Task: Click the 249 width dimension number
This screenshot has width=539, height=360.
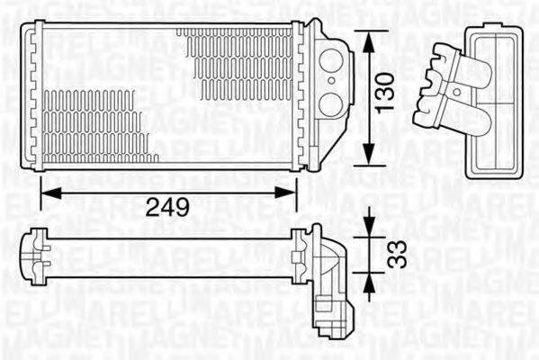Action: click(x=168, y=207)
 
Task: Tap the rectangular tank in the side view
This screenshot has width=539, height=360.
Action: click(x=494, y=99)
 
